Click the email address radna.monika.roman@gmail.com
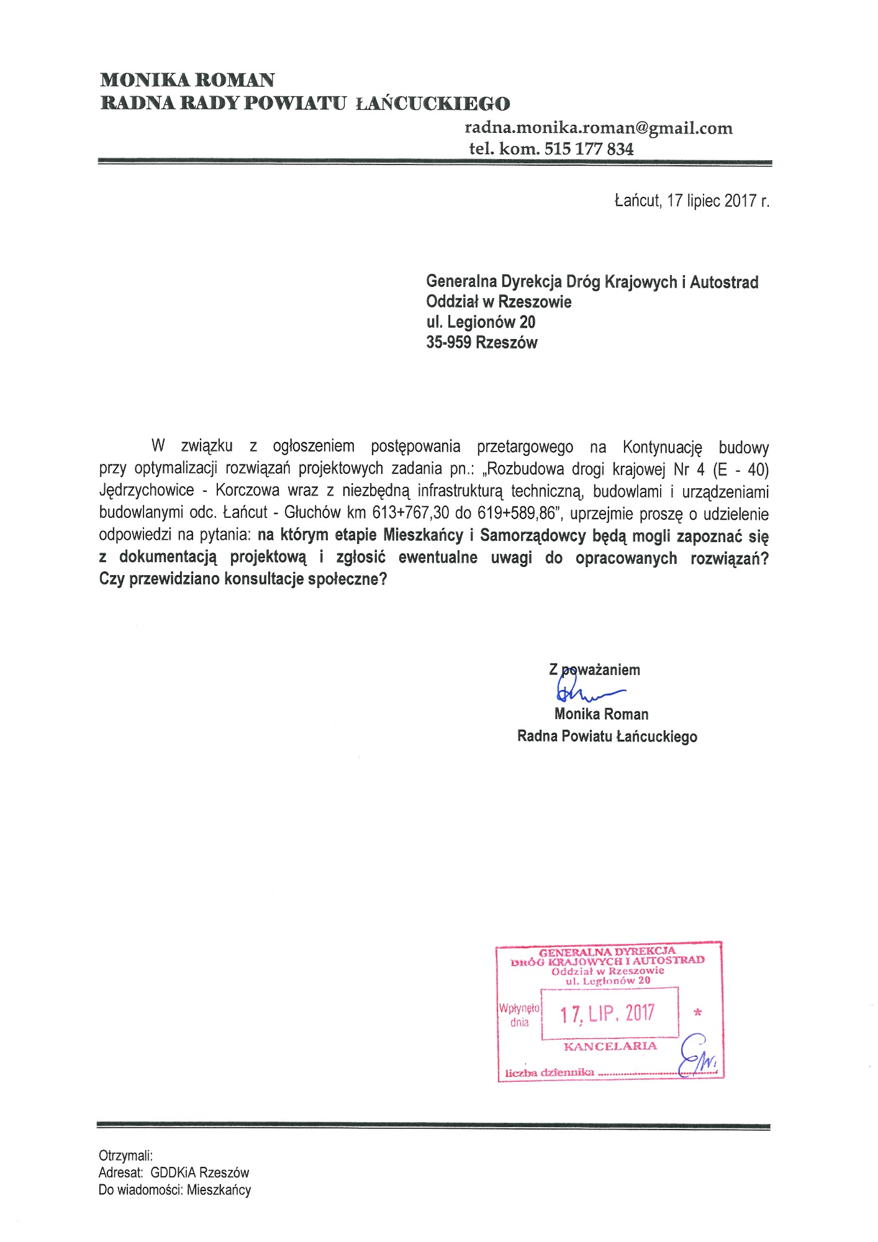point(599,129)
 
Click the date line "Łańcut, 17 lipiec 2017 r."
point(692,201)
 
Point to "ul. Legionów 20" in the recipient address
point(481,322)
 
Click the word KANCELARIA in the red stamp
point(610,1046)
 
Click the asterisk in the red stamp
point(698,1013)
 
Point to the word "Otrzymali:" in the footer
point(125,1156)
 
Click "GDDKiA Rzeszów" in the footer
point(199,1173)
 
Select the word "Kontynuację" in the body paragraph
point(662,447)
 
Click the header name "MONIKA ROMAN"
point(188,80)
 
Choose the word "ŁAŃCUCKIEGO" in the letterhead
point(433,103)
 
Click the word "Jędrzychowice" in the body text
point(147,491)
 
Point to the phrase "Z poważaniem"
point(594,670)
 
